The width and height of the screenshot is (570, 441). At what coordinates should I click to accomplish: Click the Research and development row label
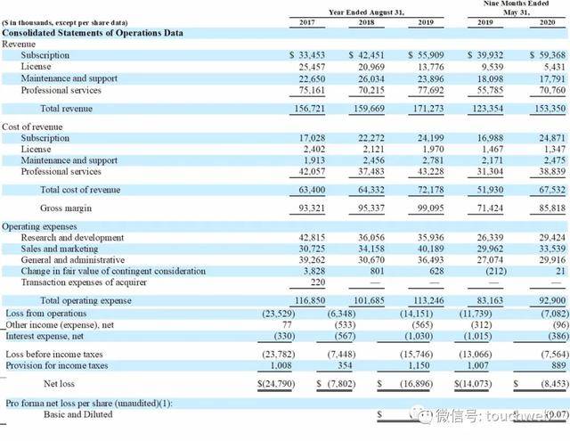coord(70,238)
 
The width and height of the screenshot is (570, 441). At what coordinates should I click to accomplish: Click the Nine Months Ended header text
coord(501,4)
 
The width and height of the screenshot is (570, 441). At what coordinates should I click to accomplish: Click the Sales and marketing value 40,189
coord(426,249)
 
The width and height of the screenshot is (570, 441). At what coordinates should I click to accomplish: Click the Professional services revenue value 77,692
coord(426,90)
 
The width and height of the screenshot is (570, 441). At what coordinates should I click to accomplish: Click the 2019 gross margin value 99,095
coord(426,208)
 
